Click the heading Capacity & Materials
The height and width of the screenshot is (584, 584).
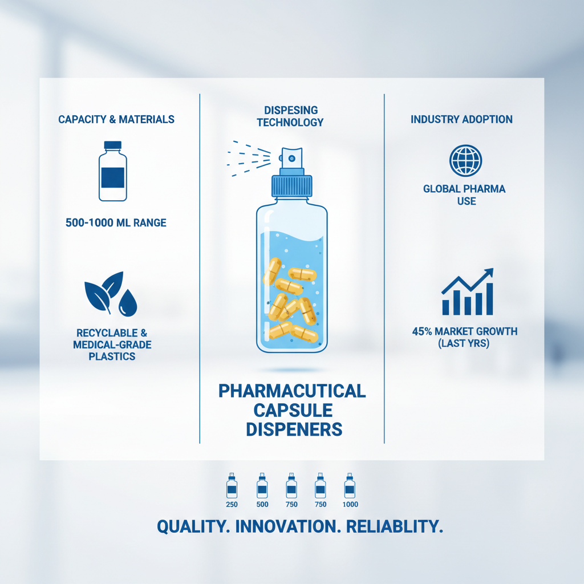116,120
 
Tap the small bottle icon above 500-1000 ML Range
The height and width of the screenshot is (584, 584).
113,171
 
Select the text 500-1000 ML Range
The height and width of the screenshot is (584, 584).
116,222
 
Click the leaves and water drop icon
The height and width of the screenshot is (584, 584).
111,294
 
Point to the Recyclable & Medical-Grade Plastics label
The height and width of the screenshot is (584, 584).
112,344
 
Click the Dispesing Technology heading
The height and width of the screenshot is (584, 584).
290,116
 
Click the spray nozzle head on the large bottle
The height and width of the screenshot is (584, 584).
291,156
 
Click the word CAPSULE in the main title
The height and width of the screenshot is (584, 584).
291,410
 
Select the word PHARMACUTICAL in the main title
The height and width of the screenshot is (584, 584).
292,391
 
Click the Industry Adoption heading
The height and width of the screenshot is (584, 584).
461,120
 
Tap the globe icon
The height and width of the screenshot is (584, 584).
465,160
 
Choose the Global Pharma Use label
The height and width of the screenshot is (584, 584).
464,194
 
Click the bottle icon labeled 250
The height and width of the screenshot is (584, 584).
232,486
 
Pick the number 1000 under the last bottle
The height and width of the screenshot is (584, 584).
350,505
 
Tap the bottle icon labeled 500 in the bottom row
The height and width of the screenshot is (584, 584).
262,486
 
